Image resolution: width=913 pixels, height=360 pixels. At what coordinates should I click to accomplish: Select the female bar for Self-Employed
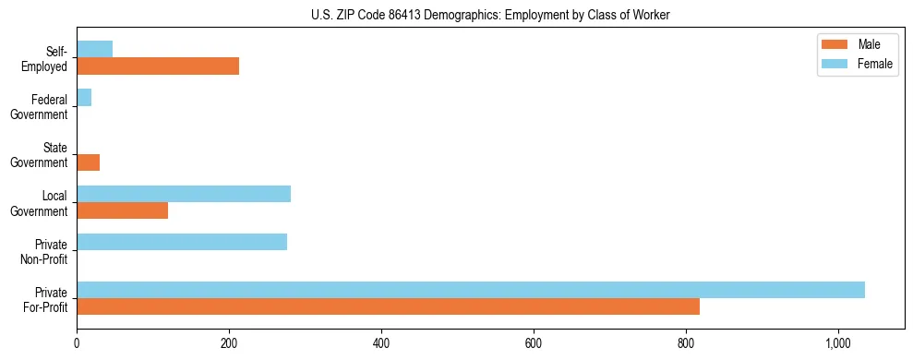click(94, 49)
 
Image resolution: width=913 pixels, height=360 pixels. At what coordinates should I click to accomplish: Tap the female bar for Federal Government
click(84, 98)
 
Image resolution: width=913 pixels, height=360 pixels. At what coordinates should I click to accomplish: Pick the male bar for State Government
click(88, 162)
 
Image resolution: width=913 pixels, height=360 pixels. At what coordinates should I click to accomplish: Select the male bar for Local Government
click(122, 210)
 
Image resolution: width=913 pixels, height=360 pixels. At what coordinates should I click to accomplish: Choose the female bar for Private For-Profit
click(471, 290)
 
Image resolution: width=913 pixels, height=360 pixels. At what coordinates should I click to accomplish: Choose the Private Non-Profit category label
click(46, 250)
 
